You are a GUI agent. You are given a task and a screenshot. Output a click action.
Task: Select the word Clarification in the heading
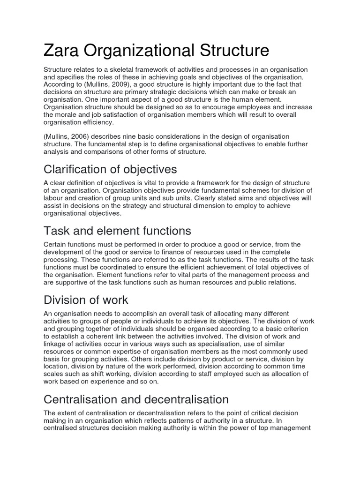coord(75,169)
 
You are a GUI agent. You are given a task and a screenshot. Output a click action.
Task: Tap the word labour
coord(54,198)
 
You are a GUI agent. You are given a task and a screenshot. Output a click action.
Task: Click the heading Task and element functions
coord(117,231)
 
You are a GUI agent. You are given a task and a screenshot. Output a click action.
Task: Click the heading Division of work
coord(85,300)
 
